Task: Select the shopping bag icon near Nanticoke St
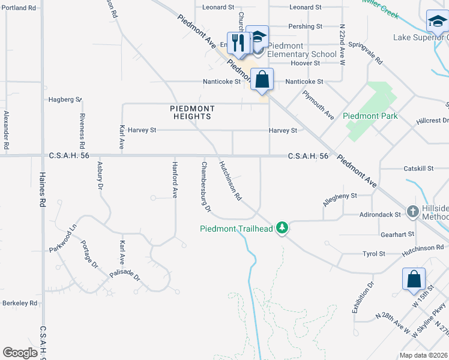[x=262, y=79]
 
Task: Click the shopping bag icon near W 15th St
[x=414, y=278]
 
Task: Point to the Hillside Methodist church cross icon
[x=413, y=211]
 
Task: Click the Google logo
[x=20, y=353]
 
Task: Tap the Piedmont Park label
[x=369, y=115]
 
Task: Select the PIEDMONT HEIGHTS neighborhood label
[x=191, y=112]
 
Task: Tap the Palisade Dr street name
[x=124, y=277]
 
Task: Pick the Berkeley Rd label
[x=20, y=303]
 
